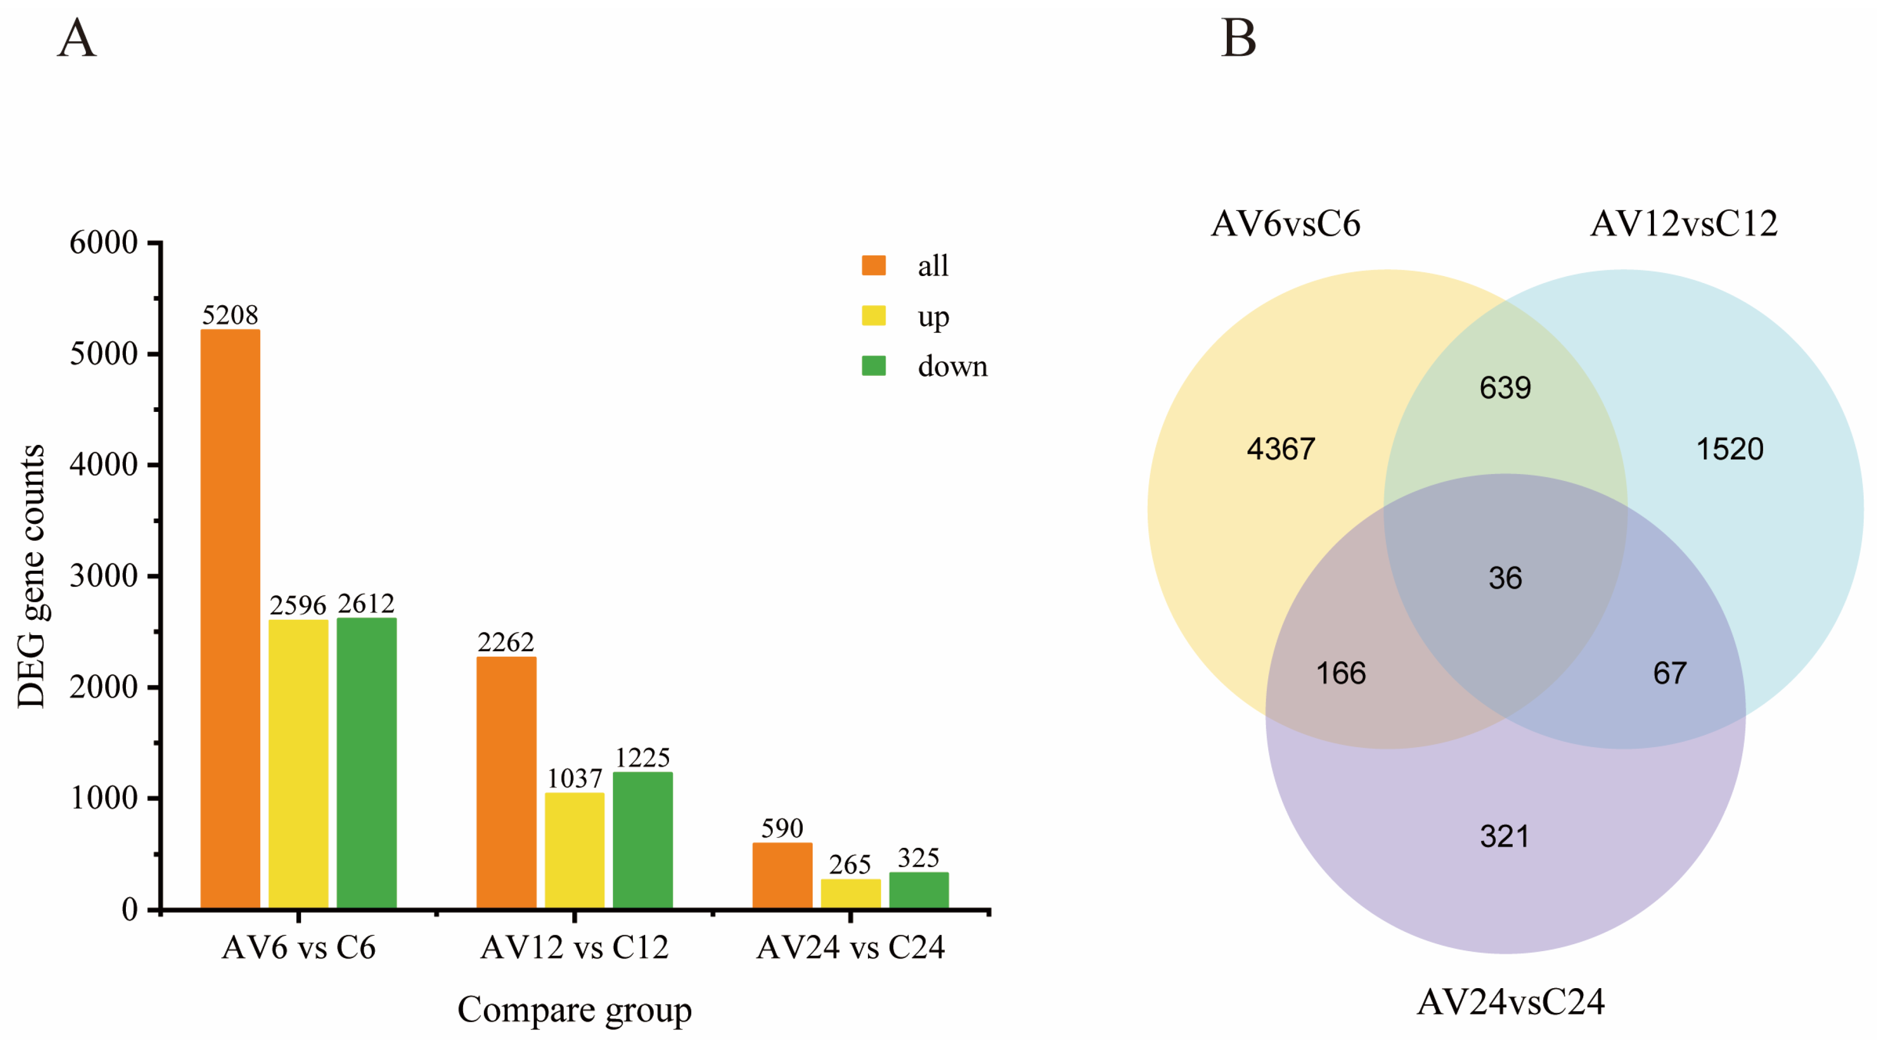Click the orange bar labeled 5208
230,619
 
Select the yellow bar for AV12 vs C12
574,850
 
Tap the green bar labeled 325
918,890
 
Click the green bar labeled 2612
366,763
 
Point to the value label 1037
574,778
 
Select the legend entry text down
952,366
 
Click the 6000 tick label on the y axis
104,242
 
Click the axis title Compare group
574,1009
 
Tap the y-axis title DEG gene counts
31,576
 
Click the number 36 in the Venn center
1505,578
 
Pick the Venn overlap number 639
1505,388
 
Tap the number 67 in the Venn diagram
1669,673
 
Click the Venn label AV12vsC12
1683,223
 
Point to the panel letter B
1238,38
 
